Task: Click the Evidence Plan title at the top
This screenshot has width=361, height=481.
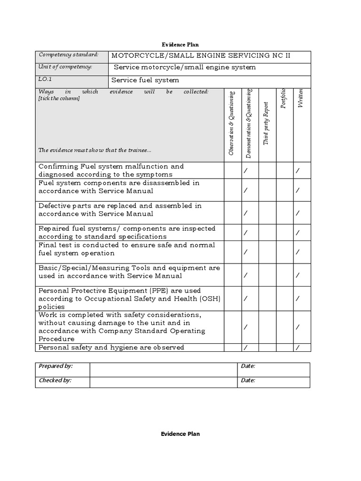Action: click(x=180, y=45)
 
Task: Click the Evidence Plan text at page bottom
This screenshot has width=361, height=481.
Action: click(x=180, y=434)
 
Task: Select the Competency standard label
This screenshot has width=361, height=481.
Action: click(x=69, y=55)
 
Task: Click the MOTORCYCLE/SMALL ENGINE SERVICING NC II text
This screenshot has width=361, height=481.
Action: click(x=201, y=56)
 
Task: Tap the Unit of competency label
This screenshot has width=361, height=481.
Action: click(x=65, y=67)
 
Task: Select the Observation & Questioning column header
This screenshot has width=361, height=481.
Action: click(x=231, y=123)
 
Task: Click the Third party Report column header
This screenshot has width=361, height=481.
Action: click(x=266, y=123)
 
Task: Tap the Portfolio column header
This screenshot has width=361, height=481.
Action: click(x=283, y=98)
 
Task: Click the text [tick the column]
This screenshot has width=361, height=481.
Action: click(x=59, y=99)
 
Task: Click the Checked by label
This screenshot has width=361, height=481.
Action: click(x=55, y=380)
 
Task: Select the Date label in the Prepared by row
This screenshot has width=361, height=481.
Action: click(x=248, y=366)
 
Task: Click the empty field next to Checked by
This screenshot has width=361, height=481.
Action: click(x=163, y=380)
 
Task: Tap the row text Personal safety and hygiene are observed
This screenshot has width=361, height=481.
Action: click(x=111, y=347)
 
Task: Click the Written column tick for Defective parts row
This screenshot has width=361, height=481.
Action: click(x=297, y=213)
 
